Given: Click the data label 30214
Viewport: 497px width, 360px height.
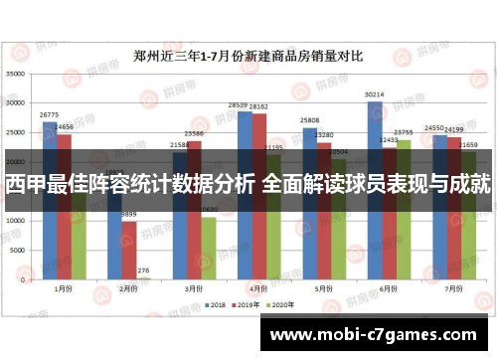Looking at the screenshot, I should click(375, 95).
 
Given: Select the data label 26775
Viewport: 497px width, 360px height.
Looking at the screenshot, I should click(50, 114).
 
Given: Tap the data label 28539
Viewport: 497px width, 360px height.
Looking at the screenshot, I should click(239, 104).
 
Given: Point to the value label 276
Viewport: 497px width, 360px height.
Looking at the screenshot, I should click(143, 270).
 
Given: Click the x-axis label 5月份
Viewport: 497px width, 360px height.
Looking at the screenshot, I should click(323, 288).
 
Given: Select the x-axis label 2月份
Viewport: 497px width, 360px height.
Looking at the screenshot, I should click(129, 288).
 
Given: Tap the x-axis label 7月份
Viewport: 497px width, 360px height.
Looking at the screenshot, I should click(453, 288).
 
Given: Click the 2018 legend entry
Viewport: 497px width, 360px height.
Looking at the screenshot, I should click(215, 304).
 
